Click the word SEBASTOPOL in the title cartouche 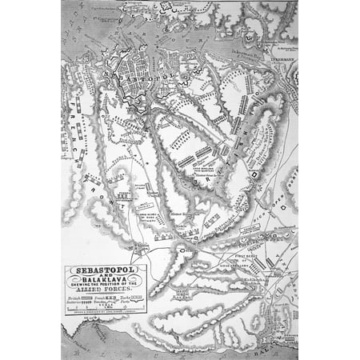tap(106, 270)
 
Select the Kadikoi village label tap(248, 280)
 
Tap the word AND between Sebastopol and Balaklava tap(106, 276)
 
